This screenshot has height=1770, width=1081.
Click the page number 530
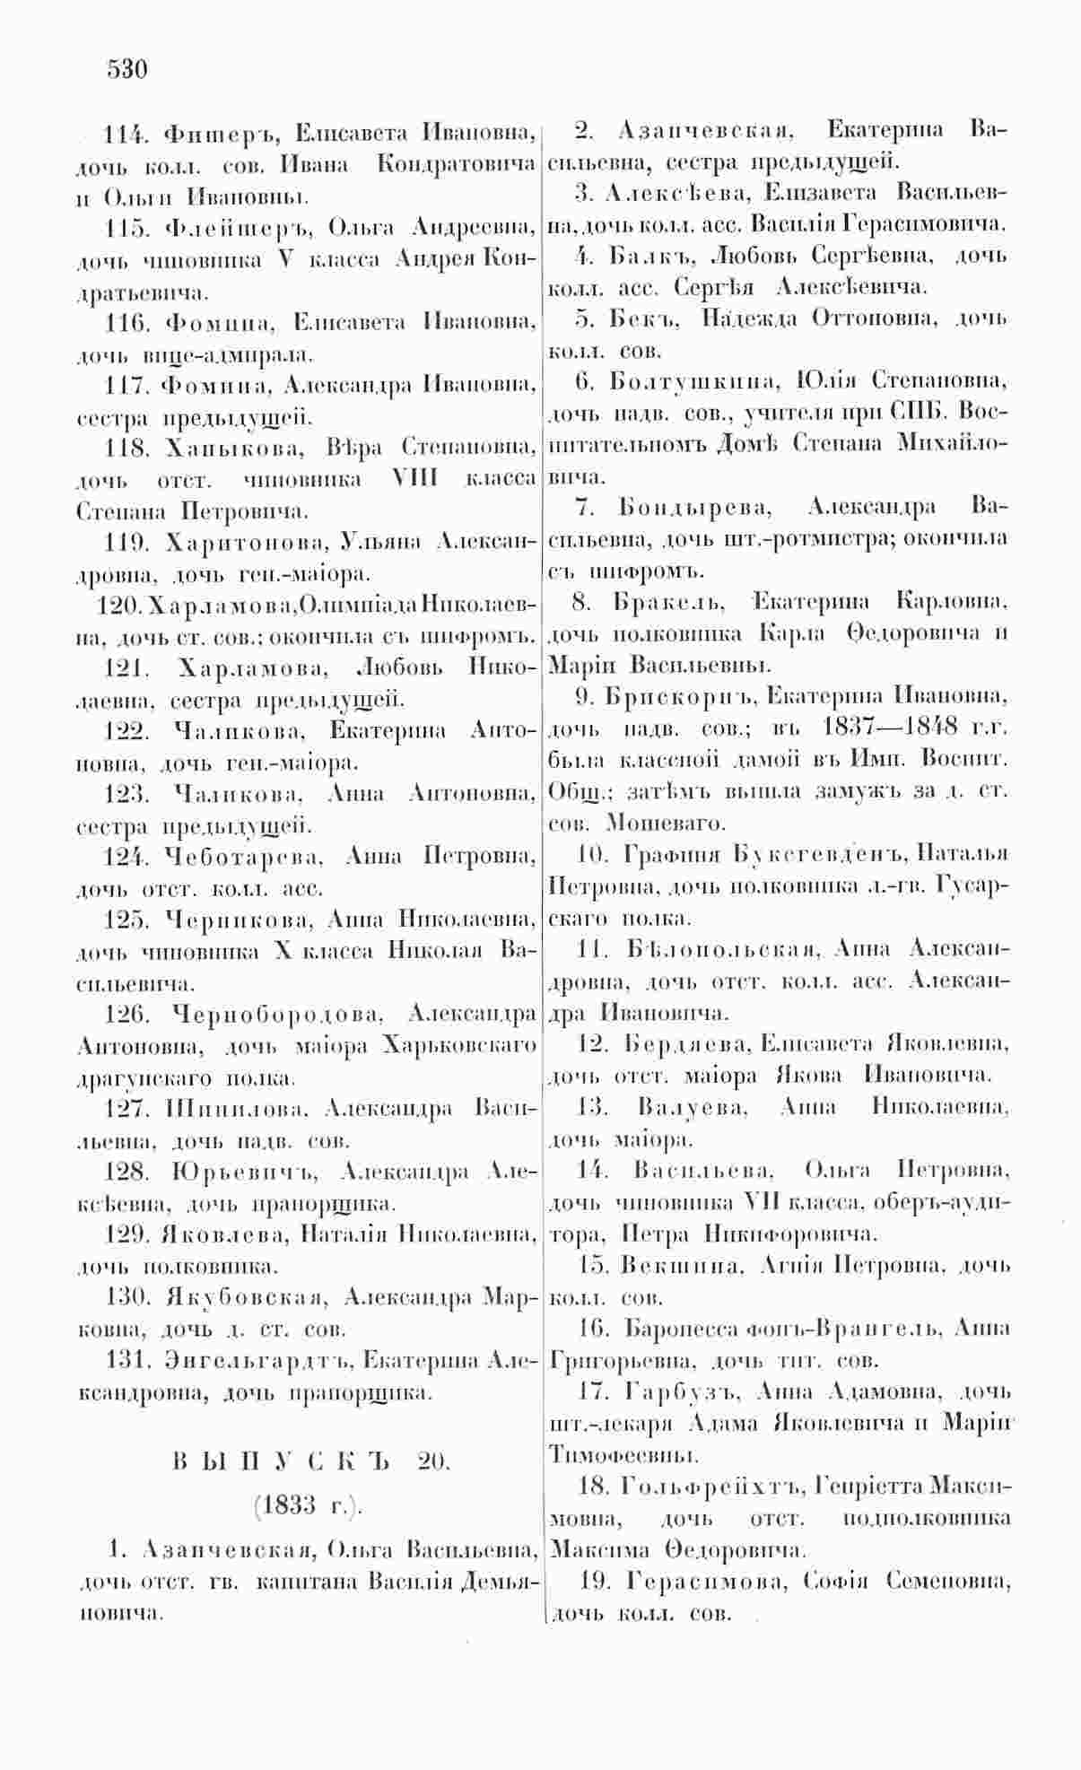click(126, 69)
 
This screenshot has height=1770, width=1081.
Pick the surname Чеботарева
click(242, 858)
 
